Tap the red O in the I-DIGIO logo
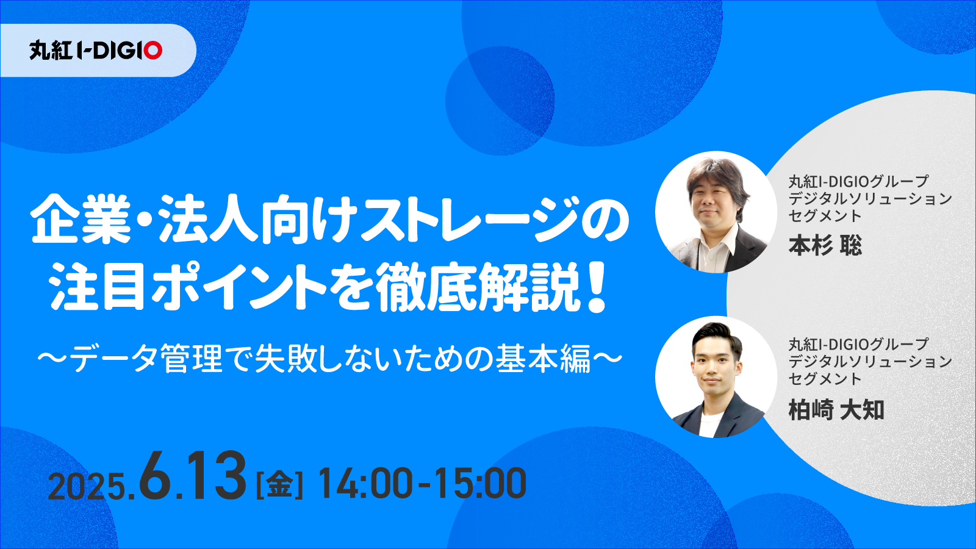154,50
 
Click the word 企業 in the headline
81,219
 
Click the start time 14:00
365,484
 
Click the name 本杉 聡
825,246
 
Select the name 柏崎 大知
836,410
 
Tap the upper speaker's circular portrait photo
716,212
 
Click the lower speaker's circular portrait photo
716,376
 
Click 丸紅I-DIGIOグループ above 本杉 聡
858,181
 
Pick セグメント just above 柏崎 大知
825,379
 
